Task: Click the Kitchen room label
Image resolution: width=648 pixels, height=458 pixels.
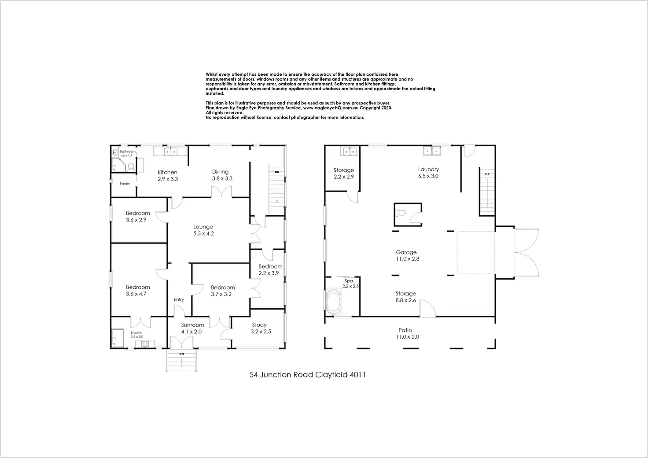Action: [167, 176]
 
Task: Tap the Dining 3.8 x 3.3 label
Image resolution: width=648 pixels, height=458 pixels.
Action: [220, 175]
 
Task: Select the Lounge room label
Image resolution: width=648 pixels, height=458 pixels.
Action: [203, 230]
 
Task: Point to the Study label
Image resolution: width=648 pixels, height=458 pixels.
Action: [259, 328]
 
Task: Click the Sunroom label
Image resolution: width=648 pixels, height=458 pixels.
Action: [192, 328]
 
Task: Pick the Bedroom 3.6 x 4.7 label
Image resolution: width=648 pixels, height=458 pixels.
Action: [138, 290]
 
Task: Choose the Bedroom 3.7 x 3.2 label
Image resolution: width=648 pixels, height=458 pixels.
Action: [223, 291]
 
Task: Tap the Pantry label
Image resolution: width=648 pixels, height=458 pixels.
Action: [125, 184]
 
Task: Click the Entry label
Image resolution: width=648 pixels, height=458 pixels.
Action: [179, 299]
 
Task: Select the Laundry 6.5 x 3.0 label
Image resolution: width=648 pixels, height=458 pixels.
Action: [428, 173]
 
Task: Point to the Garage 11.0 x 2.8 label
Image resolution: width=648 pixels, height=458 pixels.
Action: [406, 255]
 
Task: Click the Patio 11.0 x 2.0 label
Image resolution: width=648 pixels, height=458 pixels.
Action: [405, 333]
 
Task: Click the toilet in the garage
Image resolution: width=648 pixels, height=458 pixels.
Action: [401, 213]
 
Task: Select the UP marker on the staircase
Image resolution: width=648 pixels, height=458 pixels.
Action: [487, 174]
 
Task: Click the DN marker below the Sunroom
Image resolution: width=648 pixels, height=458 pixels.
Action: [181, 354]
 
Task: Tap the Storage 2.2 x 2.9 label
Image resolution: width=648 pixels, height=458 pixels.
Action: [343, 173]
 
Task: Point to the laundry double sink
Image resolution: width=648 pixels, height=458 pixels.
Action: [431, 151]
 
